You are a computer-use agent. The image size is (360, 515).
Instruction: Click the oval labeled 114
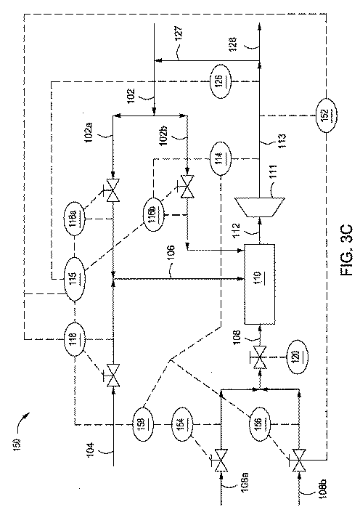pyautogui.click(x=221, y=160)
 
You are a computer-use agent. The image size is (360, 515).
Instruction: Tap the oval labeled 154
pyautogui.click(x=181, y=421)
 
